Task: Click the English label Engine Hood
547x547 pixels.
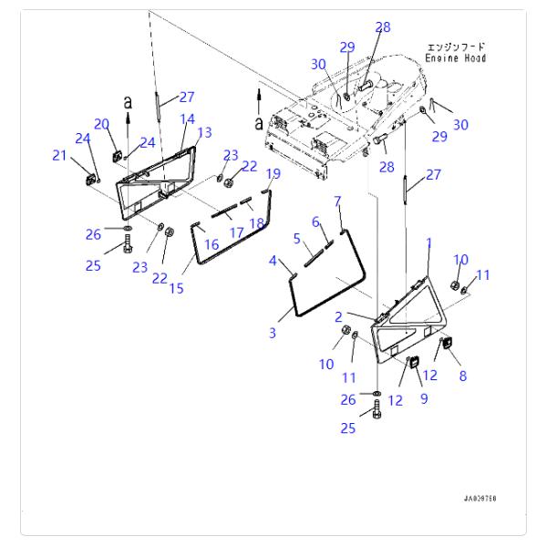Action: (457, 58)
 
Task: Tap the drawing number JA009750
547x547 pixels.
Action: (480, 499)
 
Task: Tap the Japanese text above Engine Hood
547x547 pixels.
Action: (457, 46)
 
